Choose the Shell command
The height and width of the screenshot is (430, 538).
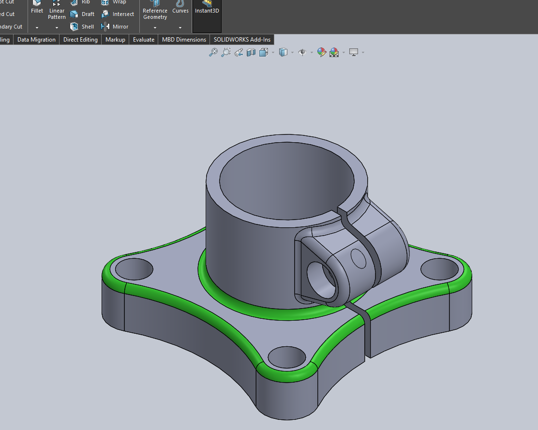tap(82, 27)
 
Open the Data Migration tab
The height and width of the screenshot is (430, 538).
tap(36, 40)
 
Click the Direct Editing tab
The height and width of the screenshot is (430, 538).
tap(80, 40)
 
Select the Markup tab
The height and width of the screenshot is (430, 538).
tap(115, 40)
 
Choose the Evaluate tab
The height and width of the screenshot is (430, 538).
tap(144, 40)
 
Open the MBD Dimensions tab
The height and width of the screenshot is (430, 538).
tap(184, 40)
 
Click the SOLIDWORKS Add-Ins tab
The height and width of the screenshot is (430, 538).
tap(242, 40)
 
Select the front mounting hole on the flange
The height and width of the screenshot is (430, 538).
tap(286, 357)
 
